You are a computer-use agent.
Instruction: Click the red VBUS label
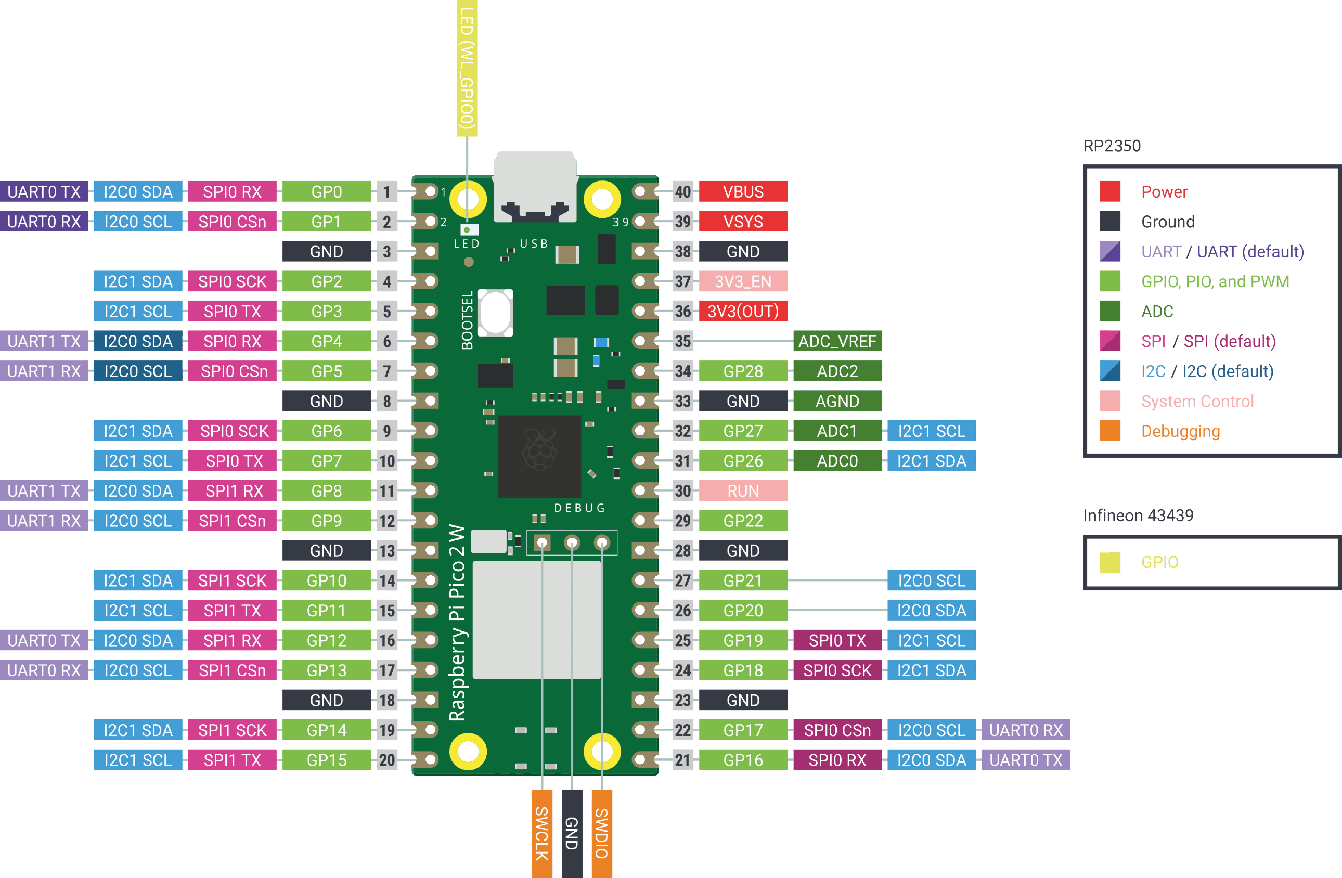743,192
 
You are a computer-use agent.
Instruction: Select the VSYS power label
743,222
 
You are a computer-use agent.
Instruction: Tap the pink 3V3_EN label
743,281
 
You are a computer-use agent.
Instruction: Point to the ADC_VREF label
837,341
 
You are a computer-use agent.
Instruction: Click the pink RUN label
743,490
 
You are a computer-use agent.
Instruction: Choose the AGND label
837,401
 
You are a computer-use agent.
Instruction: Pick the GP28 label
743,371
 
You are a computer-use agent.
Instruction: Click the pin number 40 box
682,192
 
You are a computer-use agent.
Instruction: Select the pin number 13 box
387,550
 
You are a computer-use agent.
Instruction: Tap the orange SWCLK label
541,833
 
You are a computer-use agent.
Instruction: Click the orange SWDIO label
602,833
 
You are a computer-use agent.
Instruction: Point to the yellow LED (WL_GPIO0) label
467,68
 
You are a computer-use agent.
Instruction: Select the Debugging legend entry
1180,431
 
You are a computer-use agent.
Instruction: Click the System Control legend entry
1196,402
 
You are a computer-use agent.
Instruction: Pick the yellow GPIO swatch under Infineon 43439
1109,562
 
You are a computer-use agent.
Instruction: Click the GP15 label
327,760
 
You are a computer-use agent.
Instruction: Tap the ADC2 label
837,371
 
